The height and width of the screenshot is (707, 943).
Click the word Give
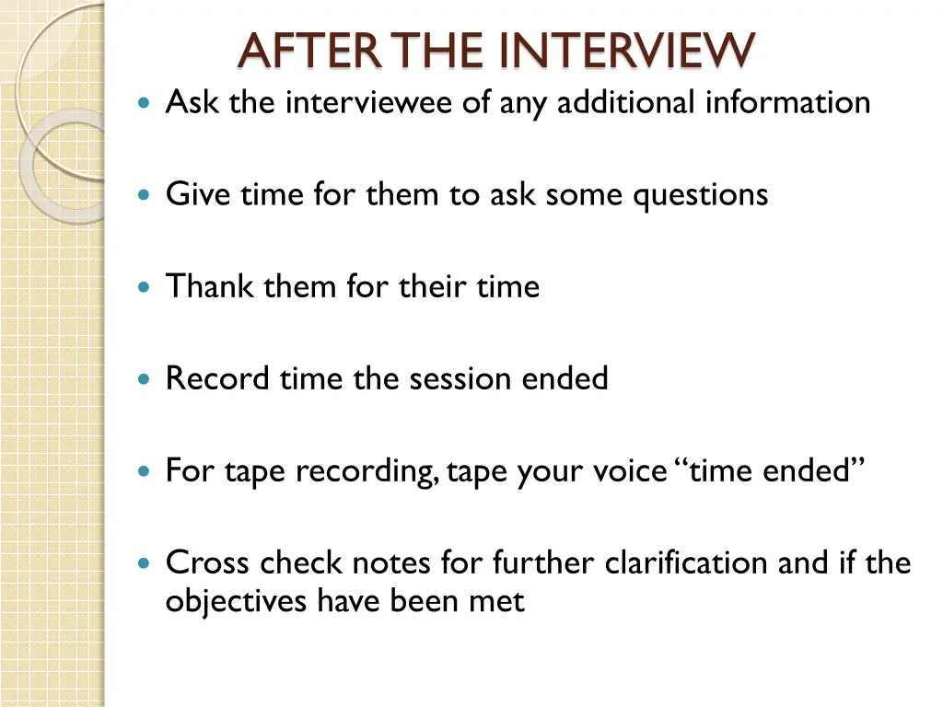tap(199, 194)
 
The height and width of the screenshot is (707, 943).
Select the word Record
tap(214, 378)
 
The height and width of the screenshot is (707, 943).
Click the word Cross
tap(208, 562)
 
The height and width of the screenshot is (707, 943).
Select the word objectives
tap(238, 601)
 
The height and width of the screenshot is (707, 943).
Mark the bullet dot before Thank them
tap(142, 287)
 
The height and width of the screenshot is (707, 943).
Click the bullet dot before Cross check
tap(142, 563)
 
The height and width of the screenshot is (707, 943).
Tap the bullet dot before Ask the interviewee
tap(142, 103)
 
